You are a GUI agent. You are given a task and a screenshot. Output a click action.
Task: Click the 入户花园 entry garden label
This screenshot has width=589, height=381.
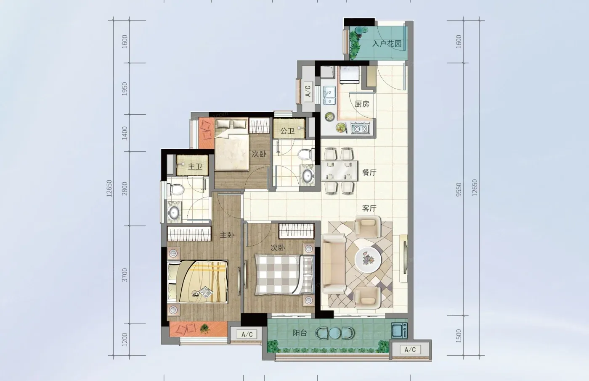click(387, 44)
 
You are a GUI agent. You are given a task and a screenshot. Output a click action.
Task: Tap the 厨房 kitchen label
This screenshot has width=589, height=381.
click(362, 104)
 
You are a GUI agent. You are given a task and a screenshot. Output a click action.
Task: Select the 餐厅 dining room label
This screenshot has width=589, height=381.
click(369, 173)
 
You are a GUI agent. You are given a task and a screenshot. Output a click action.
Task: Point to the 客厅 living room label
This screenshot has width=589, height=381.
click(369, 208)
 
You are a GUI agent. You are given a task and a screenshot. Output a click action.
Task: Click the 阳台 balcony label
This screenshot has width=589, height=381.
click(300, 333)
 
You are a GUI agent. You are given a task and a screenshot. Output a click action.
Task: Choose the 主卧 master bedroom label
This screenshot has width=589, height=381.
click(227, 235)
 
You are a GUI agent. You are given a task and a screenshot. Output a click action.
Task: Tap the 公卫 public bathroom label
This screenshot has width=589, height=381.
click(287, 131)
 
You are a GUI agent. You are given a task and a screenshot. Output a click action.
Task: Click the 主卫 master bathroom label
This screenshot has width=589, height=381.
click(195, 166)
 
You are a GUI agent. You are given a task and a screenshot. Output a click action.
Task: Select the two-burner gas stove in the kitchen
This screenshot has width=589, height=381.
click(360, 129)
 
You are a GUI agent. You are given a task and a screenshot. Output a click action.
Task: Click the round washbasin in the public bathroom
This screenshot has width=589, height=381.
click(307, 176)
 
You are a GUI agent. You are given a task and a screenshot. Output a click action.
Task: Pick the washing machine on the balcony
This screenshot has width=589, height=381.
click(399, 331)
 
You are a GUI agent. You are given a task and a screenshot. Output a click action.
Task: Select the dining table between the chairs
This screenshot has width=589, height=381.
click(339, 171)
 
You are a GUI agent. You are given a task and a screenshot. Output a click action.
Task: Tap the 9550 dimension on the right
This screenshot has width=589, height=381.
click(459, 189)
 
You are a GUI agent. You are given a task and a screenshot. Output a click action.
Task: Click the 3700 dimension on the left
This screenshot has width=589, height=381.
click(125, 275)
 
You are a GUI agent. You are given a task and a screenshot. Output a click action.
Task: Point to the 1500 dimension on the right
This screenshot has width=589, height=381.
click(459, 336)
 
